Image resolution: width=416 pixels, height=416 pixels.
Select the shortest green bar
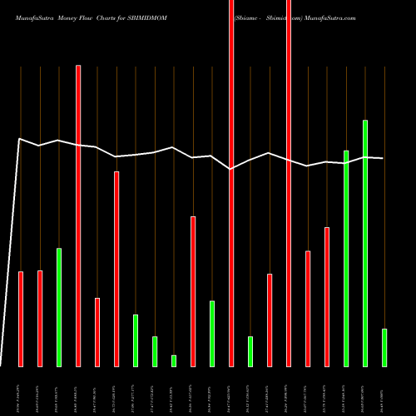(174, 360)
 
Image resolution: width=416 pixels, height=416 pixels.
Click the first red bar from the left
(21, 319)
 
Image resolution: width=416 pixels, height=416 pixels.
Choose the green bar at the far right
(384, 347)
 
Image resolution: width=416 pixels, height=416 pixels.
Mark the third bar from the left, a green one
(59, 307)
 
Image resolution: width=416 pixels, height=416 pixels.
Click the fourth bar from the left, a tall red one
(78, 215)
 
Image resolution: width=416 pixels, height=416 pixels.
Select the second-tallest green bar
(346, 258)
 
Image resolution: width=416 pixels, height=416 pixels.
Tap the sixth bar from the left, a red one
(116, 269)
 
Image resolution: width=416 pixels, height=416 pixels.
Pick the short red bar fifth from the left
(97, 332)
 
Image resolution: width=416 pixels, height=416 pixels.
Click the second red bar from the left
(40, 318)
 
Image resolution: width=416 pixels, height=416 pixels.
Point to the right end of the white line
(383, 158)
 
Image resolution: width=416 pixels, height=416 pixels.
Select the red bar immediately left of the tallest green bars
(327, 296)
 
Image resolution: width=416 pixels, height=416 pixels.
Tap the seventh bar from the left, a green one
(136, 340)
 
